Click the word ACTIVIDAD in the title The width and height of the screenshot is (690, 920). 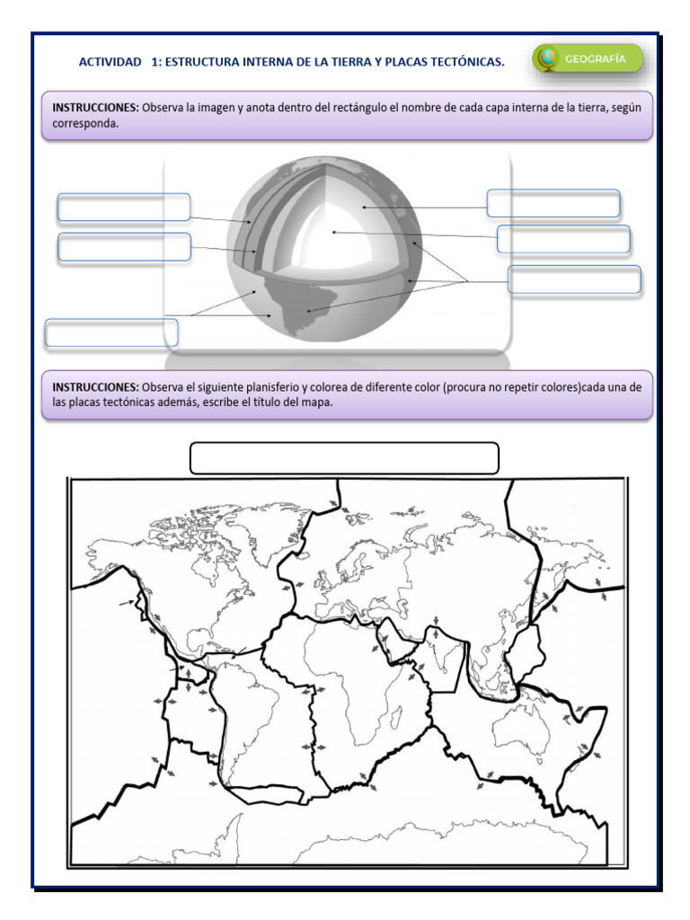110,62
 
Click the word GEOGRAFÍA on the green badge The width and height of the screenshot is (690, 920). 596,59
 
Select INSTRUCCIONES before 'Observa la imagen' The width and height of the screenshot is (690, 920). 95,107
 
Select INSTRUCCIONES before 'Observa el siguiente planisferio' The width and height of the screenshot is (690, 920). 95,386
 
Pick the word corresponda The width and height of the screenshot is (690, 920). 84,125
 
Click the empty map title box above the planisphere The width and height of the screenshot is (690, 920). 344,457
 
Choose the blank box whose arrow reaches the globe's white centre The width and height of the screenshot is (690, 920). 563,240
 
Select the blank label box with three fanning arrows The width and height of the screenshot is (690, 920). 574,279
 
